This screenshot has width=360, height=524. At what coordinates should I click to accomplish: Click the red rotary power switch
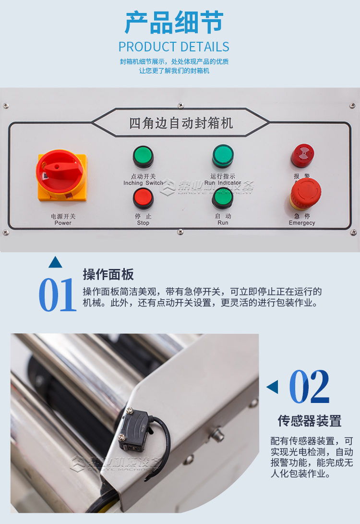[60, 171]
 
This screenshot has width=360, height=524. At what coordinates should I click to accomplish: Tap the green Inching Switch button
[143, 157]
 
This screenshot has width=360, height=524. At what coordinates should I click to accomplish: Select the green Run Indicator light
[223, 156]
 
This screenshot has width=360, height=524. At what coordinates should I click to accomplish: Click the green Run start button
[222, 197]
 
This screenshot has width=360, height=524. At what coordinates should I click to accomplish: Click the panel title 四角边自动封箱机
[180, 123]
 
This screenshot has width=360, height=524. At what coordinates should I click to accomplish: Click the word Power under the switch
[63, 223]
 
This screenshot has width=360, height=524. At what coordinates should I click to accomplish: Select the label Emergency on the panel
[302, 223]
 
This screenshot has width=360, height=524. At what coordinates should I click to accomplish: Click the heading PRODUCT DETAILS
[174, 47]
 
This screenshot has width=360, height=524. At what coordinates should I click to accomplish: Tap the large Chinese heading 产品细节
[174, 23]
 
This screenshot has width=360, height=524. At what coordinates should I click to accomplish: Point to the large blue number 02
[310, 387]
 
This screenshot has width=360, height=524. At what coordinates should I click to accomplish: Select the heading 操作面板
[108, 275]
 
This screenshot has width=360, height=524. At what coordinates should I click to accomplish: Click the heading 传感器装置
[310, 421]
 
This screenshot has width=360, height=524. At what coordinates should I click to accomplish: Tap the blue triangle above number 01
[55, 263]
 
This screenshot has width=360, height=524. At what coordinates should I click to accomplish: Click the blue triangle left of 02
[273, 387]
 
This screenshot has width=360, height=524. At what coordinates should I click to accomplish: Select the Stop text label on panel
[143, 223]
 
